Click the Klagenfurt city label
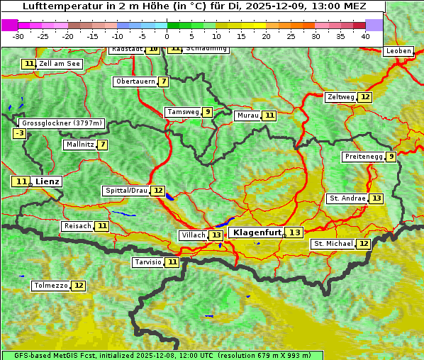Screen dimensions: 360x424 (x=257, y=232)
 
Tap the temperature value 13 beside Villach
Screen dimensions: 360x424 (x=216, y=235)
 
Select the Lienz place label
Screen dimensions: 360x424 (x=47, y=181)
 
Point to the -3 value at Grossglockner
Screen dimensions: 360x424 (x=20, y=133)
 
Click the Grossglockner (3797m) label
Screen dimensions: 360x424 (x=62, y=123)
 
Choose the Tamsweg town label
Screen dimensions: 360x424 (x=182, y=112)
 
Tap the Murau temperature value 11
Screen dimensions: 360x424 (x=269, y=116)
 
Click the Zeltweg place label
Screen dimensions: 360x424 (x=340, y=97)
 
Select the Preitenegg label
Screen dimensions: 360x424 (x=364, y=157)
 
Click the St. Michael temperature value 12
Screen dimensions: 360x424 (x=364, y=244)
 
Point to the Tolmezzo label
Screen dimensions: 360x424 (x=50, y=286)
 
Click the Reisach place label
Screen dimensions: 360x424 (x=77, y=226)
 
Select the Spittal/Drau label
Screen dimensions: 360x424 (x=126, y=191)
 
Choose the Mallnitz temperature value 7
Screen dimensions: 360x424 (x=104, y=145)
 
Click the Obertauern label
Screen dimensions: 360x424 (x=135, y=81)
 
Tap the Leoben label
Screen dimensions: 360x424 (x=398, y=51)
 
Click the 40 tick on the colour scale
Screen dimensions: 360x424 (x=365, y=36)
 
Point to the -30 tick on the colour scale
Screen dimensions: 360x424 (x=18, y=36)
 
